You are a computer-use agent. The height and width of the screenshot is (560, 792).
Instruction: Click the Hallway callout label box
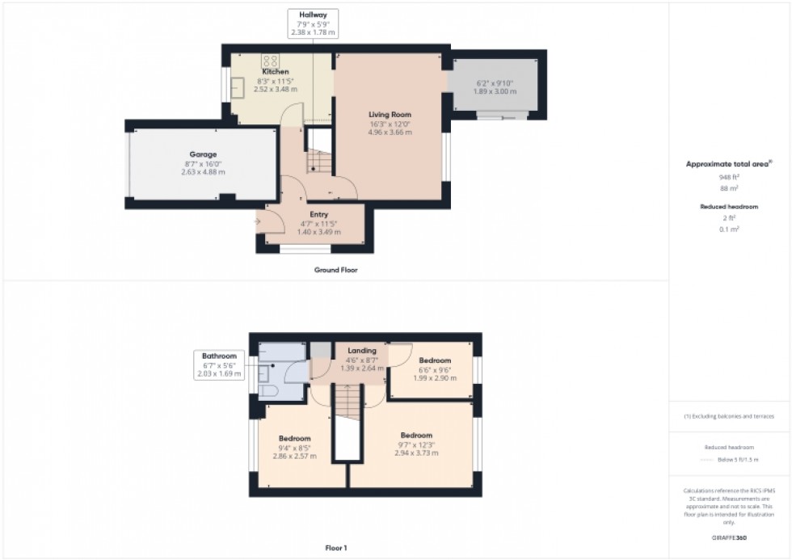coord(313,23)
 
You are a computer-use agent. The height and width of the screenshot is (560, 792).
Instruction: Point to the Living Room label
coord(390,115)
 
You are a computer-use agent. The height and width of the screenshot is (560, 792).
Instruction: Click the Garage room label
coord(203,154)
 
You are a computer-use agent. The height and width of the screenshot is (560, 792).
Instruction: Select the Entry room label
coord(319,214)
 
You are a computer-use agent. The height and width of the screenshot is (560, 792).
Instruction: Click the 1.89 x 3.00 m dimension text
coord(494,91)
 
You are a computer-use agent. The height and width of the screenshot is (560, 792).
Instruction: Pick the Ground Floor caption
coord(335,270)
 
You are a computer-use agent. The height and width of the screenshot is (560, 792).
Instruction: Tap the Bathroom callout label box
coord(220,364)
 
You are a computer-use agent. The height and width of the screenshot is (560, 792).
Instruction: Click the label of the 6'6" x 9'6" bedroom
coord(436,360)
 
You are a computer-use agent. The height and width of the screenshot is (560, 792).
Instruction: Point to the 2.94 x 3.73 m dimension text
coord(416,453)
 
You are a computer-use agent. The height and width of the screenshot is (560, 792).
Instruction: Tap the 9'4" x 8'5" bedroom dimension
coord(295,448)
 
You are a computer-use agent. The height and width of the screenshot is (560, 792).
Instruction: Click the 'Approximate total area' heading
coord(728,164)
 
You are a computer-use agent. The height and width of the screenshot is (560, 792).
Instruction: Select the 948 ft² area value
coord(729,176)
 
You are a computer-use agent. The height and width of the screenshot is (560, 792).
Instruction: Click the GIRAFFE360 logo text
coord(729,537)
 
